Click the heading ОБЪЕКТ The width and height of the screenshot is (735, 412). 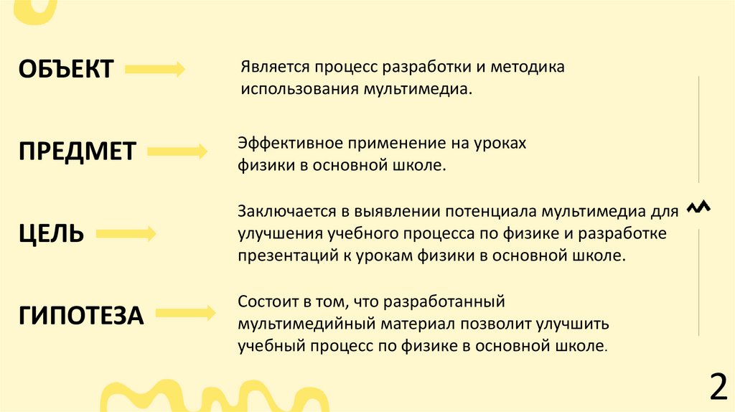pos(65,69)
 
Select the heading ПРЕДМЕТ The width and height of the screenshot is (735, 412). pos(77,151)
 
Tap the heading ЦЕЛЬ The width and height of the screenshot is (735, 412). pos(51,233)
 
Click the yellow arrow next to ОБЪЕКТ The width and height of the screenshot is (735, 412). pos(155,70)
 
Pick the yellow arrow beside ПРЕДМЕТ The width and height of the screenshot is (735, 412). pos(177,151)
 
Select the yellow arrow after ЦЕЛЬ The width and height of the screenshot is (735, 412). pos(126,233)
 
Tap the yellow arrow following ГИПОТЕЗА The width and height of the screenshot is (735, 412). pos(184,313)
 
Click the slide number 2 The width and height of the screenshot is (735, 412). pos(717,388)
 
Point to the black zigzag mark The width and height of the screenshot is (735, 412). pos(698,207)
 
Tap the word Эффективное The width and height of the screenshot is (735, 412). pos(284,143)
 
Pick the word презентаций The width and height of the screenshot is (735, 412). pos(286,255)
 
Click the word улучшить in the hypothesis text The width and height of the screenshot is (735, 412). pos(575,323)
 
